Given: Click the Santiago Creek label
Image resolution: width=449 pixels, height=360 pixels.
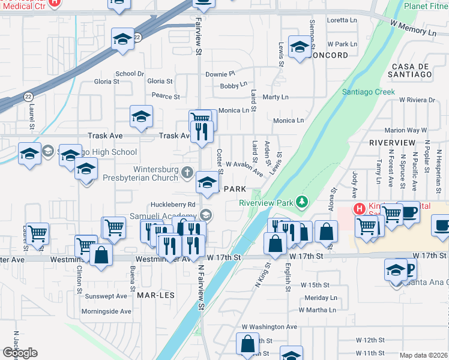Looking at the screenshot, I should (x=369, y=92).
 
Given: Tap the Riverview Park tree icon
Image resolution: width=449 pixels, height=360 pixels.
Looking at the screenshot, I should (x=304, y=202).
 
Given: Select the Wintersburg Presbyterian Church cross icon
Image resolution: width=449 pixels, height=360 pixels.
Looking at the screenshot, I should (x=187, y=174).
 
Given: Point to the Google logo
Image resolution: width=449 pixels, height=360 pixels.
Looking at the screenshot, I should (x=20, y=353).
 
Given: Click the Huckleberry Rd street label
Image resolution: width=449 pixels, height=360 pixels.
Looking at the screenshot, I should (x=174, y=205).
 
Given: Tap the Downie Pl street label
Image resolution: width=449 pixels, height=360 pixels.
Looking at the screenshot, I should (x=220, y=74).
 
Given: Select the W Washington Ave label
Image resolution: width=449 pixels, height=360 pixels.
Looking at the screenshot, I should (x=270, y=327).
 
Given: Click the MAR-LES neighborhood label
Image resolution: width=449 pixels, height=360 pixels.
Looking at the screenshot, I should (x=151, y=296).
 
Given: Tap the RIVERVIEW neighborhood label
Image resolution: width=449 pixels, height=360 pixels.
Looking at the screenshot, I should (x=392, y=142).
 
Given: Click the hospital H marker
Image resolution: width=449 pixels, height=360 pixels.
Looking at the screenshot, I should (x=359, y=209).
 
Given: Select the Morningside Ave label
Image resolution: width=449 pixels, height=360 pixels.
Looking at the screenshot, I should (x=106, y=311).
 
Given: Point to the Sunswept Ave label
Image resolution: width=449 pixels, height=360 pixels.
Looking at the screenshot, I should (x=106, y=296).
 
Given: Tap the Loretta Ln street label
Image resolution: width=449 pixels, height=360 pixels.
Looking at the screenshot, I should (x=342, y=20).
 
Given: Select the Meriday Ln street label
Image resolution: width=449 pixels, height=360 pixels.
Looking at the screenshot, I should (x=321, y=298).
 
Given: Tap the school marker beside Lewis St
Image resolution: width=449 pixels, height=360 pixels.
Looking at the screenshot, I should (x=298, y=48).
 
